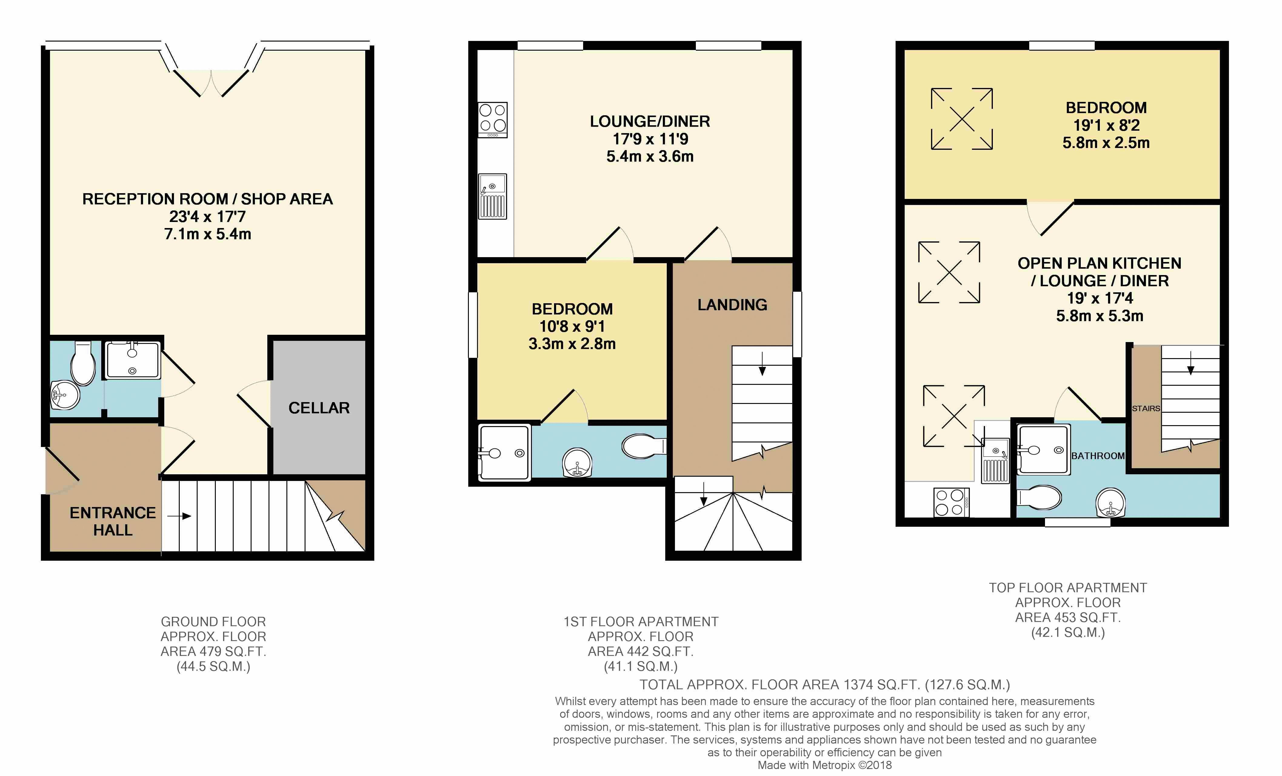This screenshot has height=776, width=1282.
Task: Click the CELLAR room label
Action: coord(319,408)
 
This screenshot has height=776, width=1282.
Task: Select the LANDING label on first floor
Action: coord(732,305)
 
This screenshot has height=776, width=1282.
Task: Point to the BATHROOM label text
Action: coord(1097,456)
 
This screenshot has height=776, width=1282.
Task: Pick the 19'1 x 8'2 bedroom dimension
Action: coord(1106,126)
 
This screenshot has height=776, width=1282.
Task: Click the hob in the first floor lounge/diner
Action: coord(492,120)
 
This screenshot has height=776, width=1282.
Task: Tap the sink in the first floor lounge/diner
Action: coord(492,196)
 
